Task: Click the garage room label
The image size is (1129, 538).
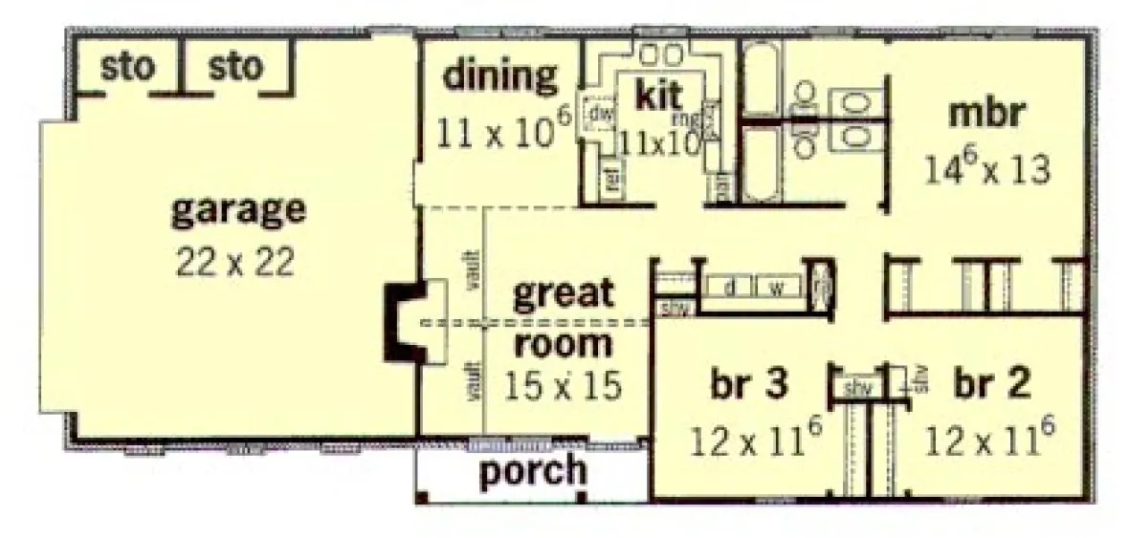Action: click(x=238, y=210)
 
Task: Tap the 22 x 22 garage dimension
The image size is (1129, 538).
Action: click(x=235, y=263)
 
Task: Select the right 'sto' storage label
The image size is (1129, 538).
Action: click(x=234, y=68)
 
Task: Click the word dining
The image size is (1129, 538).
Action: click(x=499, y=75)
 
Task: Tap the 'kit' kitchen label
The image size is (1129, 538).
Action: click(x=659, y=95)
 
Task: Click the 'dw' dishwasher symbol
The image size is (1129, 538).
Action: click(x=599, y=115)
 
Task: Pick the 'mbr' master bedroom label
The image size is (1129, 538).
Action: click(x=986, y=115)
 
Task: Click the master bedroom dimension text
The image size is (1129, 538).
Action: click(x=987, y=169)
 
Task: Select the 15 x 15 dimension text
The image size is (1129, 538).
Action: click(x=563, y=384)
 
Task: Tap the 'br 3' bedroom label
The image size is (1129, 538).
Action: click(x=749, y=384)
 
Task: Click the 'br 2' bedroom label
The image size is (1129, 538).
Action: click(x=991, y=384)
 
